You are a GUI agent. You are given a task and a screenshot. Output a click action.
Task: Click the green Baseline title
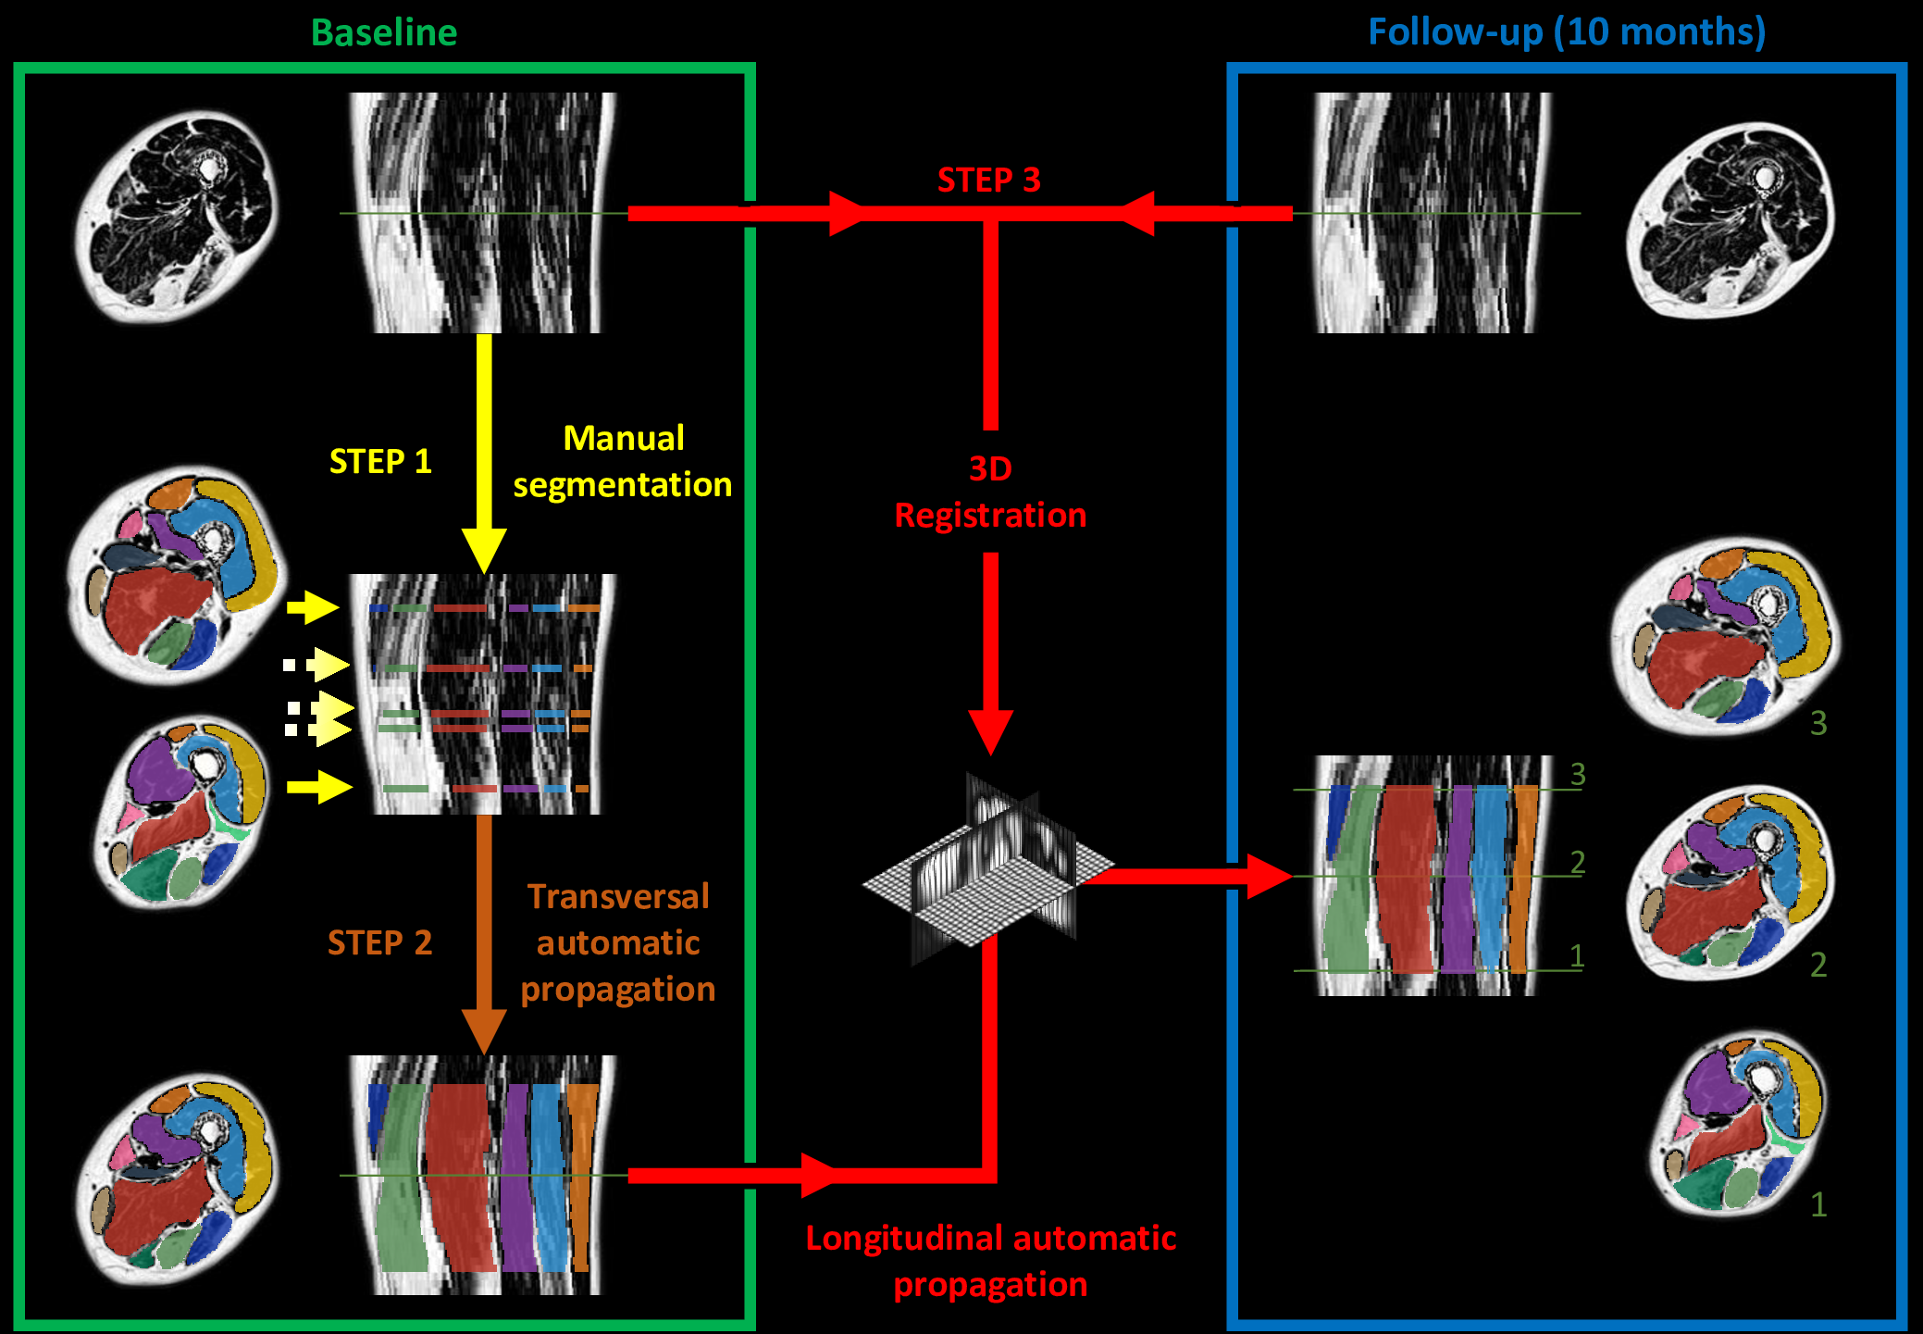(x=384, y=33)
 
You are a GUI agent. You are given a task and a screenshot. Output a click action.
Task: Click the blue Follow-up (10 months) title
(x=1567, y=32)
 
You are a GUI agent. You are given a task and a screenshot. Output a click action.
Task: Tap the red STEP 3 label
(x=988, y=180)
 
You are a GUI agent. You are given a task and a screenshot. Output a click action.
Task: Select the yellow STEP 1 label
(x=380, y=461)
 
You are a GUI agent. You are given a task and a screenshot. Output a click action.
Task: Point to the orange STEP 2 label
(x=379, y=942)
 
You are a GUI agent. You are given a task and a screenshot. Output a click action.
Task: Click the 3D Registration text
(x=990, y=492)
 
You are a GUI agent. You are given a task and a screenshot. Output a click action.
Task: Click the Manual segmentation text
(x=623, y=461)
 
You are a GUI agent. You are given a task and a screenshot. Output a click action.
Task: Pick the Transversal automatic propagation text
(x=618, y=942)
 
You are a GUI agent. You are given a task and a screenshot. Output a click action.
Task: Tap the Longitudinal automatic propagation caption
(x=990, y=1261)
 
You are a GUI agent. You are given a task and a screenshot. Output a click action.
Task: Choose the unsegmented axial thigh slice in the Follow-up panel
(x=1731, y=220)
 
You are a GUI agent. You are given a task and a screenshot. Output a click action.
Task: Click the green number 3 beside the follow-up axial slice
(x=1818, y=723)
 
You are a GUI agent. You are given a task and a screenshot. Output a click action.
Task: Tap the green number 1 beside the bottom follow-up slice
(x=1818, y=1204)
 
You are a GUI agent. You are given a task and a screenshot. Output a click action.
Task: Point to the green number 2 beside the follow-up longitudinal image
(x=1578, y=863)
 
